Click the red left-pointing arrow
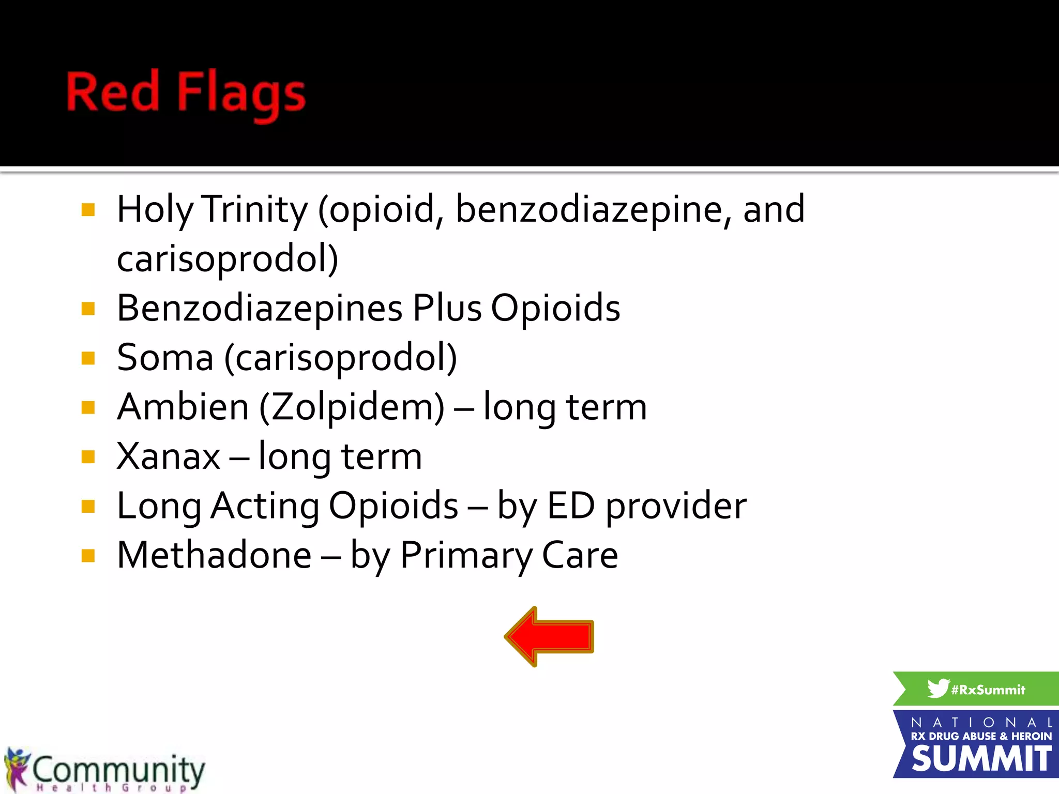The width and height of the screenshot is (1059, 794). pyautogui.click(x=550, y=636)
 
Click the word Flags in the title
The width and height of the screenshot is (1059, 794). pyautogui.click(x=241, y=93)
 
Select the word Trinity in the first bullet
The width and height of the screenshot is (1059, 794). pyautogui.click(x=254, y=209)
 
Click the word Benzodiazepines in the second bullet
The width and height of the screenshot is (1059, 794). pyautogui.click(x=259, y=308)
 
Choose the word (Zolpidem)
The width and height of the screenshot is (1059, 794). pyautogui.click(x=352, y=408)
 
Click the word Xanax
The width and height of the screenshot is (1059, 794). pyautogui.click(x=169, y=456)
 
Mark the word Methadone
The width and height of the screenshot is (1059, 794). pyautogui.click(x=214, y=555)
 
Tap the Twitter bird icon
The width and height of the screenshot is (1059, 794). pyautogui.click(x=937, y=688)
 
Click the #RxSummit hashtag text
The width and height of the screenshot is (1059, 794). pyautogui.click(x=988, y=690)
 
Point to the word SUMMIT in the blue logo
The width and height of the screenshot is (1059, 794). pyautogui.click(x=981, y=759)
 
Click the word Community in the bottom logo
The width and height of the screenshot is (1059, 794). pyautogui.click(x=119, y=769)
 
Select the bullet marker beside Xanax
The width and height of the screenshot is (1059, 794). pyautogui.click(x=88, y=457)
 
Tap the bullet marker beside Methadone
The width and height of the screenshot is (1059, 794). pyautogui.click(x=88, y=556)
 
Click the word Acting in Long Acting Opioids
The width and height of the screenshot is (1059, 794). pyautogui.click(x=265, y=507)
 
